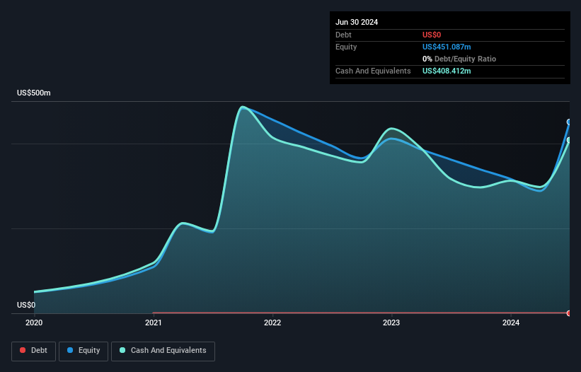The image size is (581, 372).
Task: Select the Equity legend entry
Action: tap(84, 351)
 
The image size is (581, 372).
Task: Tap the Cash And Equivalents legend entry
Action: tap(163, 351)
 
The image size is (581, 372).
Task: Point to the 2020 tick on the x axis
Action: tap(34, 323)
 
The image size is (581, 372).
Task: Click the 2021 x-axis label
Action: tap(153, 323)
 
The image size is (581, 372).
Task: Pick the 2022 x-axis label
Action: tap(272, 323)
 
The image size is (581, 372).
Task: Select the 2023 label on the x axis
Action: tap(391, 323)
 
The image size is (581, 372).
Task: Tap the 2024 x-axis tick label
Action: tap(510, 323)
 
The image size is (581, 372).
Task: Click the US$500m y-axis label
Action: tap(34, 93)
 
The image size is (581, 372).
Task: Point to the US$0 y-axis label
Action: tap(26, 306)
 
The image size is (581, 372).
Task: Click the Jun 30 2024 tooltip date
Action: tap(357, 22)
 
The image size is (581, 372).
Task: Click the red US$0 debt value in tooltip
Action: tap(432, 35)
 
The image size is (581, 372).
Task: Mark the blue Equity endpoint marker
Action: tap(569, 122)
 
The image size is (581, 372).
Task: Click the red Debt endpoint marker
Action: tap(569, 313)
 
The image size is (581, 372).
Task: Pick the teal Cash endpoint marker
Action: tap(569, 140)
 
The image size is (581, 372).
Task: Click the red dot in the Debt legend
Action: tap(23, 351)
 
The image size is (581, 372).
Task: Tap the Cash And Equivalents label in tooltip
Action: tap(373, 71)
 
